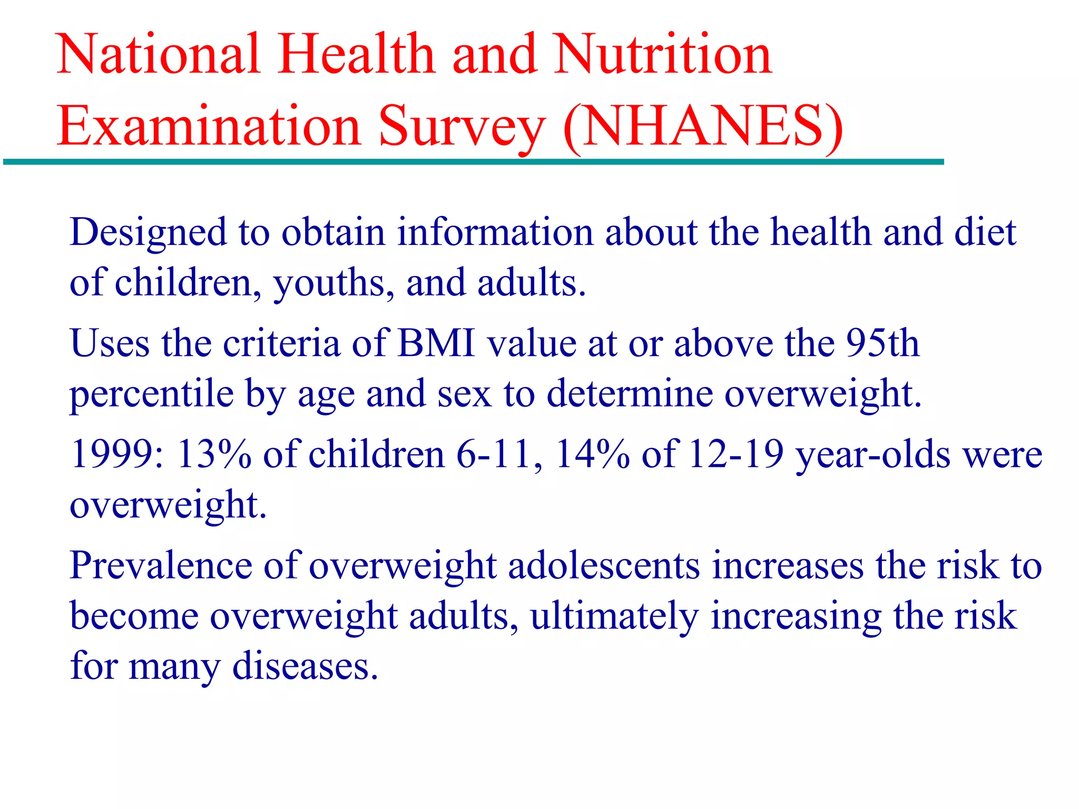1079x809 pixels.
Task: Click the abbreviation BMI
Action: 436,343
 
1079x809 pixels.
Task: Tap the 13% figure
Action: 213,454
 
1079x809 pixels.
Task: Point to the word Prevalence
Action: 161,566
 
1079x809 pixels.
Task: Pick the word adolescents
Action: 604,566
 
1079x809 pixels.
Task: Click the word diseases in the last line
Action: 305,667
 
